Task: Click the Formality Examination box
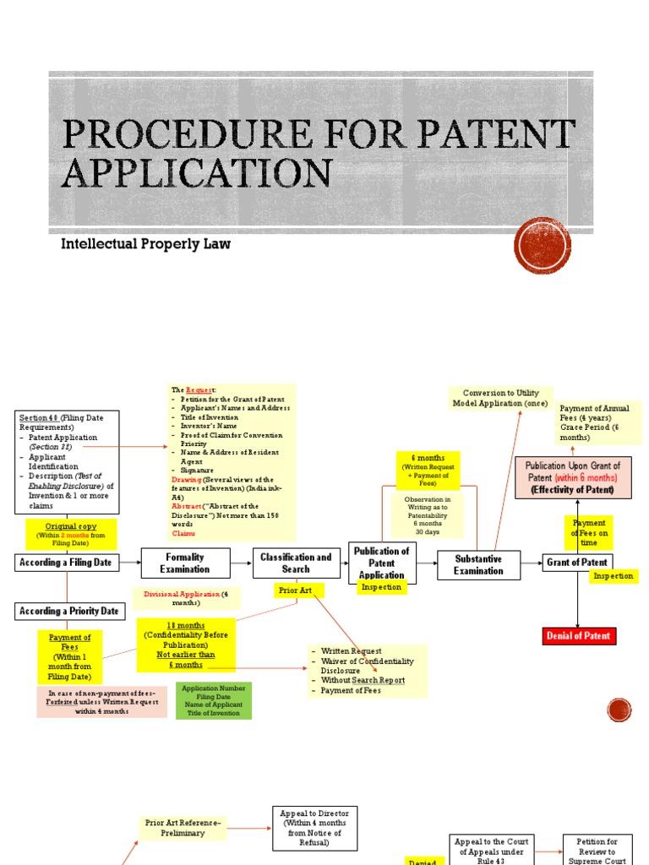(185, 563)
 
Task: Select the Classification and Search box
(296, 563)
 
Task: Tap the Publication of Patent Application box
(382, 563)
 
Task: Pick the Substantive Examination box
(478, 564)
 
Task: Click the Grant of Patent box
(577, 563)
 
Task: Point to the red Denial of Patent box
(579, 635)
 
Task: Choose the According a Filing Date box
(68, 563)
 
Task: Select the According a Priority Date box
(71, 612)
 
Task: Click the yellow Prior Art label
(295, 590)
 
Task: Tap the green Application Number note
(214, 700)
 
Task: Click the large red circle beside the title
(543, 246)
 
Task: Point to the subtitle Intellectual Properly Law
(145, 244)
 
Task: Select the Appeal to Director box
(315, 827)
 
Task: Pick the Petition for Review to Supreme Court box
(597, 851)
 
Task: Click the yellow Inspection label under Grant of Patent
(614, 576)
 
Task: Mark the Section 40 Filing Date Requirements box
(68, 461)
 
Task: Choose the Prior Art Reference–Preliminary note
(183, 828)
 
